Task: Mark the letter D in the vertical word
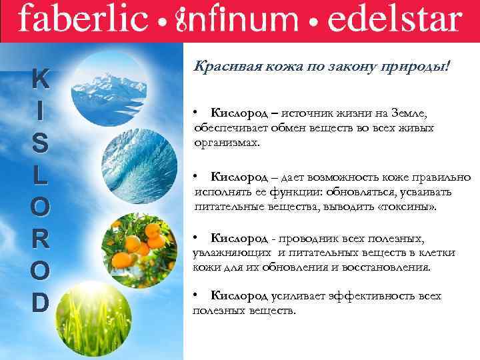click(41, 302)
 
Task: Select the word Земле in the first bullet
click(416, 115)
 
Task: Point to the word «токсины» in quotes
click(411, 207)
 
